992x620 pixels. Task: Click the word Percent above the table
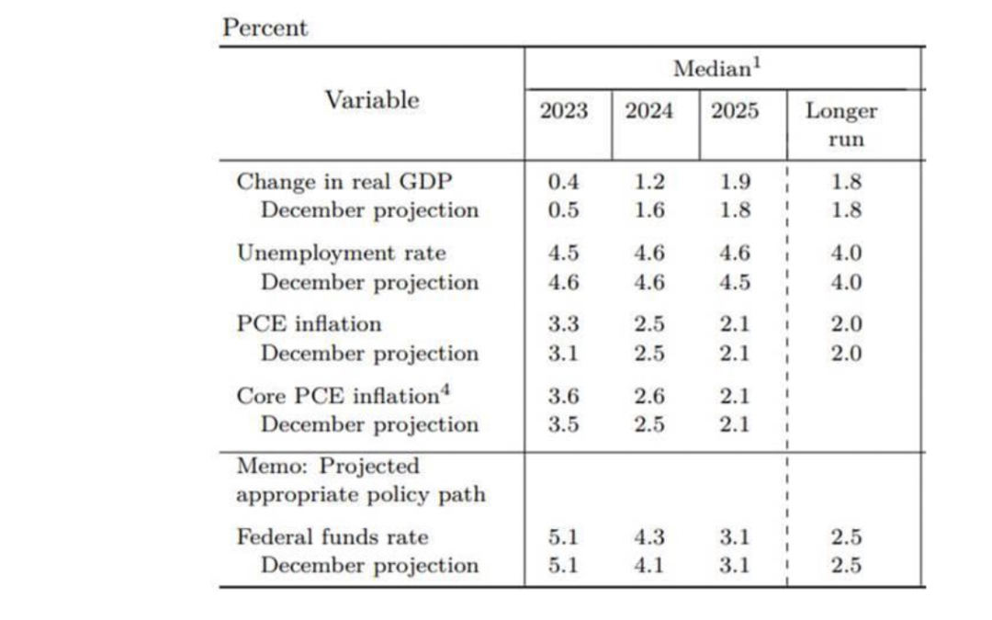pos(265,28)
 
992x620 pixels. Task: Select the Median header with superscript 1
pos(718,69)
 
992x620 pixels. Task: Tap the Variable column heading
pos(371,100)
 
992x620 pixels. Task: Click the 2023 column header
pos(564,112)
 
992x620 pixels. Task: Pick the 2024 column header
pos(649,112)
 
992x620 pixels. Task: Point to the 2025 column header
pos(735,112)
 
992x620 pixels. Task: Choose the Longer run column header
pos(842,125)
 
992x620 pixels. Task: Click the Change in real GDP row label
pos(344,181)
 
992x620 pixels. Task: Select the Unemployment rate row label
pos(342,253)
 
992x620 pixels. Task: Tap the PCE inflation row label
pos(309,324)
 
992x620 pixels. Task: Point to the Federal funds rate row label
pos(333,537)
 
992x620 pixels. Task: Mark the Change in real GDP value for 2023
pos(563,182)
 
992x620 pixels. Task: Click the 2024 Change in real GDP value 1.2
pos(649,182)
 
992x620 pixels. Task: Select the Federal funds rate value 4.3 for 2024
pos(649,537)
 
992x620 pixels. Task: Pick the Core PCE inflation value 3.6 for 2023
pos(563,396)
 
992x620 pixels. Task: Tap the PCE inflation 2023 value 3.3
pos(563,324)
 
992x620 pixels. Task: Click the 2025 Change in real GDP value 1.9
pos(735,182)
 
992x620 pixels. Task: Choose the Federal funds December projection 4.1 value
pos(649,566)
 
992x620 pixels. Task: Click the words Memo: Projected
pos(328,467)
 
